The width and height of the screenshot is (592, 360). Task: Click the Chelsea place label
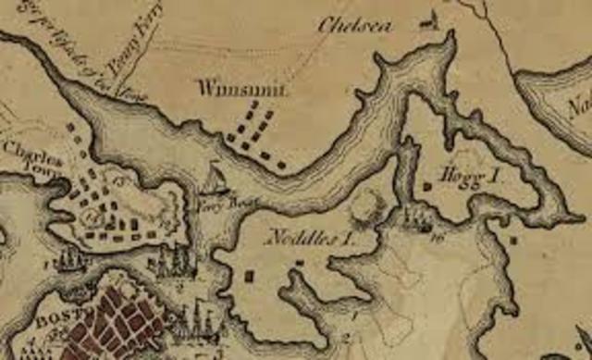coord(351,25)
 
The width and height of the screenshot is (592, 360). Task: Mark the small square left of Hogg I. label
coord(428,186)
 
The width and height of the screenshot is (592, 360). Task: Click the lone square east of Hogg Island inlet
coord(514,240)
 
